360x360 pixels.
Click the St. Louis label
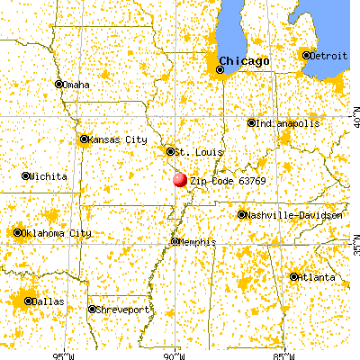point(193,151)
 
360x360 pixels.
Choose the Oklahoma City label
point(57,233)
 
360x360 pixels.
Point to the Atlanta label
point(316,275)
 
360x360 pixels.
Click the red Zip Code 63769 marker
point(180,180)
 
